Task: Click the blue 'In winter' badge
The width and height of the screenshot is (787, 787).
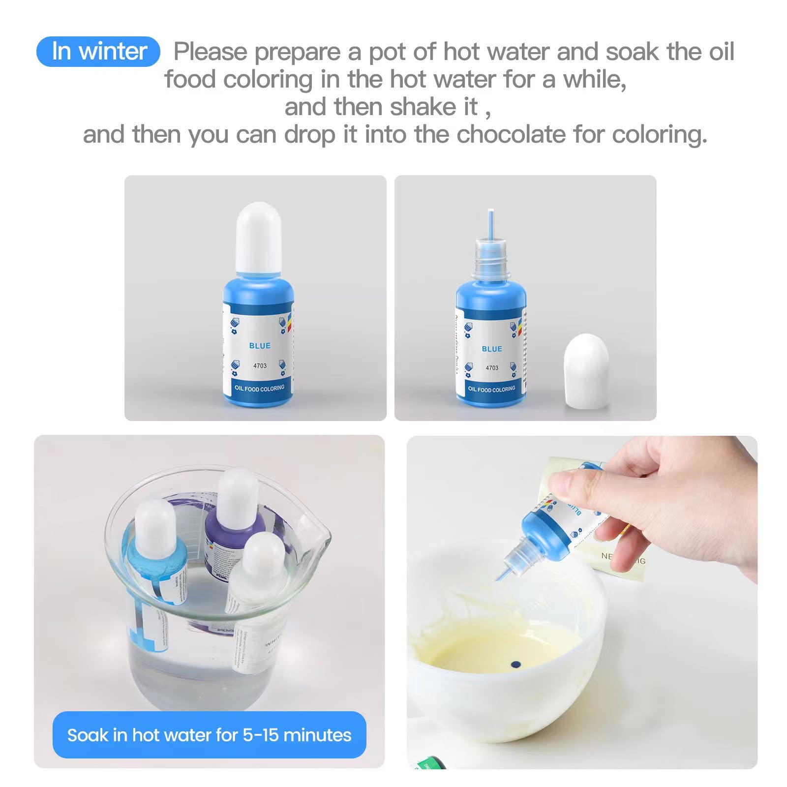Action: click(98, 52)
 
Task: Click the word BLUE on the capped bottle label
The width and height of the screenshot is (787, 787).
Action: click(260, 346)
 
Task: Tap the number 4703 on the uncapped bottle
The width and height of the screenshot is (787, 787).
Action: click(492, 367)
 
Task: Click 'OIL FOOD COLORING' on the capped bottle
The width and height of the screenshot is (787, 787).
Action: click(259, 388)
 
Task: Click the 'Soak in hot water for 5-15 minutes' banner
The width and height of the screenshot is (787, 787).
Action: click(209, 735)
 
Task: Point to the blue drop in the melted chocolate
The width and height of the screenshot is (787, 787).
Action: click(515, 665)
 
